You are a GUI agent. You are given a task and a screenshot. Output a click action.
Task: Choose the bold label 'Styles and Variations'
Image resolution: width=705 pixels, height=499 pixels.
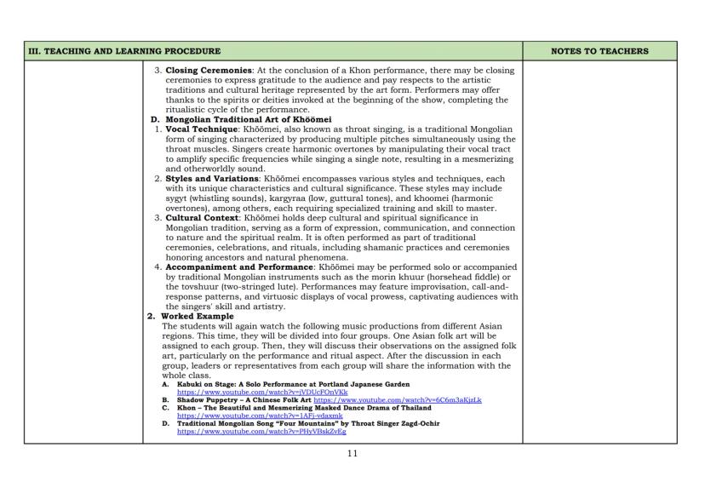[x=207, y=180]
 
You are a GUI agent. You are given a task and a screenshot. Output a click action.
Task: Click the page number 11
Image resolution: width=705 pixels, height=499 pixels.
[x=352, y=454]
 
